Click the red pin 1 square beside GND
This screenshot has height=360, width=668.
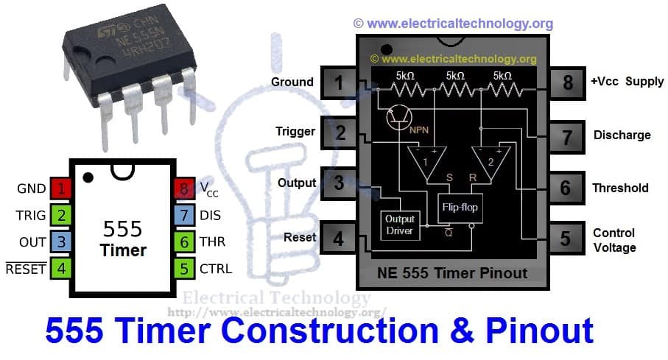(x=62, y=188)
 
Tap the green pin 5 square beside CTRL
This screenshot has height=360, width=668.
(x=182, y=268)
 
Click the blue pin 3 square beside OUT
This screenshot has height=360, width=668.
(x=62, y=241)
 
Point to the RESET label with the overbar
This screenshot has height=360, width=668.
(x=27, y=269)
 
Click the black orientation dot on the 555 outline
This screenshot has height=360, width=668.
(x=88, y=177)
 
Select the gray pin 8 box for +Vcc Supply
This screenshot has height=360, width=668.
(x=567, y=82)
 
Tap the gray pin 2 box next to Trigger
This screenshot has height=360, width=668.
(x=340, y=133)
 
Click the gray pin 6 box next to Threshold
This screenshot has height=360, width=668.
(x=566, y=187)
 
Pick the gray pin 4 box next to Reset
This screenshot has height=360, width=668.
(x=340, y=239)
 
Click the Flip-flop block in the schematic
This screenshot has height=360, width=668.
(x=460, y=207)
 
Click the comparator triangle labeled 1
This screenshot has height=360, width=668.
(x=424, y=161)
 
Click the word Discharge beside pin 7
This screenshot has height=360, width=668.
(x=622, y=135)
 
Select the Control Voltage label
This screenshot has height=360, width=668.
(x=614, y=240)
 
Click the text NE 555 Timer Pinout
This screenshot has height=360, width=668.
(x=452, y=273)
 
